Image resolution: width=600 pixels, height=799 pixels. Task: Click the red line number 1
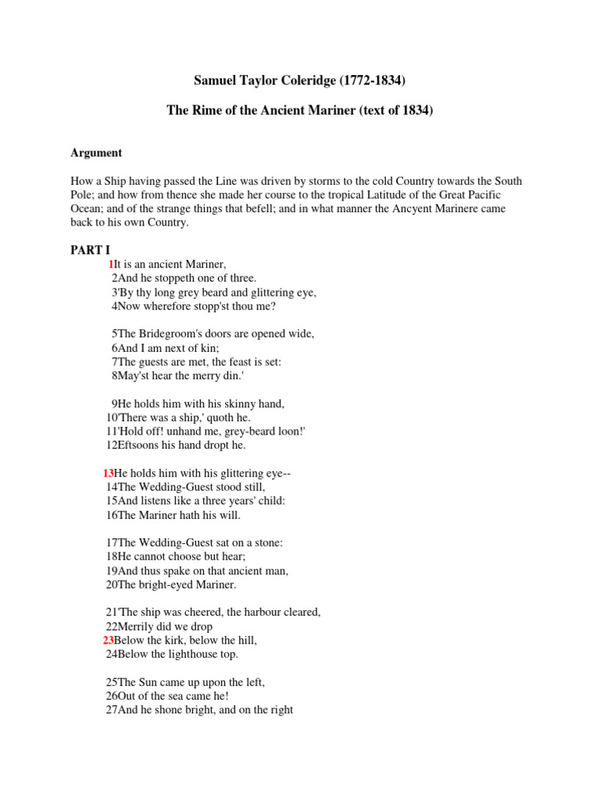coord(111,265)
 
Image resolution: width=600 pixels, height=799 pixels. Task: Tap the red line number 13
coord(108,473)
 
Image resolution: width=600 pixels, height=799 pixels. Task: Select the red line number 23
coord(108,640)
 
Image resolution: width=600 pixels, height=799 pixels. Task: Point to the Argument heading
coord(97,153)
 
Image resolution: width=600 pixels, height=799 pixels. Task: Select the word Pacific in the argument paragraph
coord(484,194)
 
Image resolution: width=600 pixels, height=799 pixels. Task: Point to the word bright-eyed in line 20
coord(167,584)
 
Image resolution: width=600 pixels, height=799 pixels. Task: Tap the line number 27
coord(111,710)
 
